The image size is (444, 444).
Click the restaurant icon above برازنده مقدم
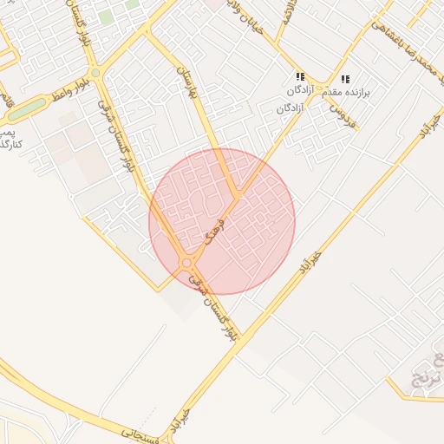[345, 79]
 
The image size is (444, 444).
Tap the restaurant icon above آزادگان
[300, 77]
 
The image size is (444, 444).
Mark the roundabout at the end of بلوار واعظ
[95, 73]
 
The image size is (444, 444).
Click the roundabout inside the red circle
[186, 262]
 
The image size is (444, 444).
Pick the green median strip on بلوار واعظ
[26, 108]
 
